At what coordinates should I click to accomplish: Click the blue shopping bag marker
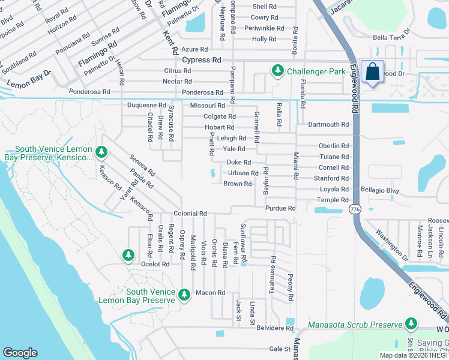373,72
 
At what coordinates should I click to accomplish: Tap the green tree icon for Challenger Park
277,71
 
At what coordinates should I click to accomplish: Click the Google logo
20,353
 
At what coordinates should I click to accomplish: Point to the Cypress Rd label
201,60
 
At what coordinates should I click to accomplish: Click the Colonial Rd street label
190,214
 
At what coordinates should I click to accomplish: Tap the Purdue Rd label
280,208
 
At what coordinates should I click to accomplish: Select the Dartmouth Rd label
328,125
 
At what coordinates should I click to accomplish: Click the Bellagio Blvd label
380,190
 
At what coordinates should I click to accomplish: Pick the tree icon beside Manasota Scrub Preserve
411,325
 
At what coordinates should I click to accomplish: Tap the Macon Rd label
209,293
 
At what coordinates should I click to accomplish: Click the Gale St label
280,349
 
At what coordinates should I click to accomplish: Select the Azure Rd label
196,49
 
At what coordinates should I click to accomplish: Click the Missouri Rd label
206,106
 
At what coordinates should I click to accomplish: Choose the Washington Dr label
391,245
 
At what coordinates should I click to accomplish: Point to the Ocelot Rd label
155,264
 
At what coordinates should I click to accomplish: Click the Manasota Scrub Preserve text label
354,325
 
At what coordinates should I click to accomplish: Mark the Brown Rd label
237,184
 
